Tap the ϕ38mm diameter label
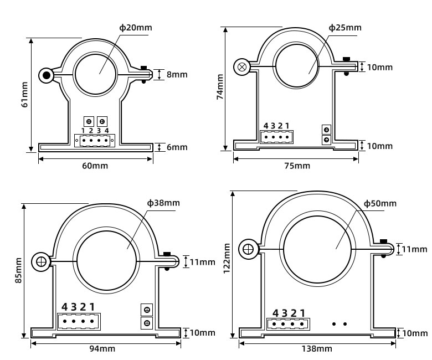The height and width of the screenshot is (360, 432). [163, 203]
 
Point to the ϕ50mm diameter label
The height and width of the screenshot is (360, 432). [380, 203]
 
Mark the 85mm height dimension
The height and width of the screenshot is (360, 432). [18, 270]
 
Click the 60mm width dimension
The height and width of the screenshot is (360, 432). [95, 166]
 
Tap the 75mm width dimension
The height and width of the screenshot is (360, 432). [297, 166]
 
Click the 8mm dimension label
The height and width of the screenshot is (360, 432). [176, 74]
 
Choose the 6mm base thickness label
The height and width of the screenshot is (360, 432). [176, 147]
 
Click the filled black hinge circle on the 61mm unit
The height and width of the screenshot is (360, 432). [46, 75]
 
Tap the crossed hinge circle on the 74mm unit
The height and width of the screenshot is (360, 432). [242, 67]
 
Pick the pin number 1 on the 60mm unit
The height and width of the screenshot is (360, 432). [83, 130]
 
